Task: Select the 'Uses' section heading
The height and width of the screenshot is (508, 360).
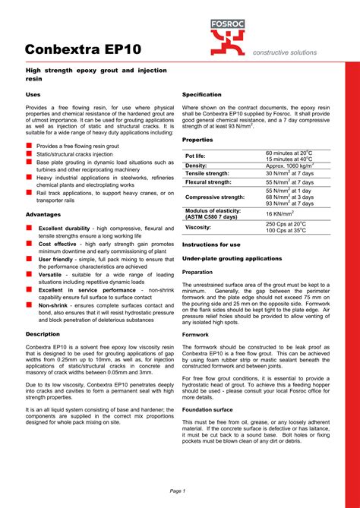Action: (x=33, y=94)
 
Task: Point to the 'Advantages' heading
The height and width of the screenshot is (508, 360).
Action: (x=43, y=215)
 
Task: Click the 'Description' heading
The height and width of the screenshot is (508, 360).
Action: (x=43, y=333)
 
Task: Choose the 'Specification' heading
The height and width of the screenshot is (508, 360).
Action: (x=202, y=94)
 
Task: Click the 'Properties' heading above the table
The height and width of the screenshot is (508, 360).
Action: (x=197, y=140)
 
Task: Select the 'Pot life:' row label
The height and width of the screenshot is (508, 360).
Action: (x=197, y=156)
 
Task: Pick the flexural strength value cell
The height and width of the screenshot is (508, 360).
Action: (x=290, y=182)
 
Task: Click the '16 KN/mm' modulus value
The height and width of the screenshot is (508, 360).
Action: (x=280, y=213)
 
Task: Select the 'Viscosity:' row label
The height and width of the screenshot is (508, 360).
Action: (x=198, y=227)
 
